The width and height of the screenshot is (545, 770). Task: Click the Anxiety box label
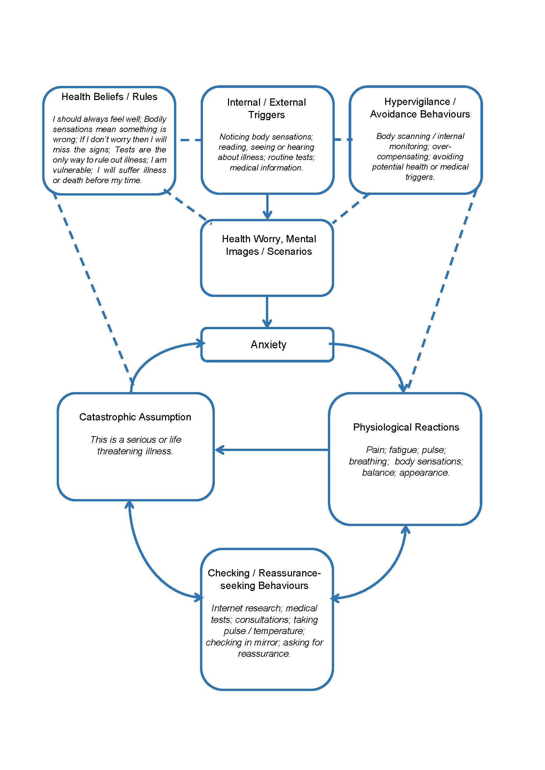[x=268, y=344]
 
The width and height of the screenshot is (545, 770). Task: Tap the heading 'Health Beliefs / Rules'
[x=109, y=96]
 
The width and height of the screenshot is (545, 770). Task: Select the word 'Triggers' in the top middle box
[x=267, y=115]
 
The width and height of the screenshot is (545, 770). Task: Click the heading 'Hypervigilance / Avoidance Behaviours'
[x=419, y=108]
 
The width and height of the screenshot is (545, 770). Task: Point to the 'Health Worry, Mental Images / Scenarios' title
[x=269, y=245]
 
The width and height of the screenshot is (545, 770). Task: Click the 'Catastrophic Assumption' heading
[x=135, y=417]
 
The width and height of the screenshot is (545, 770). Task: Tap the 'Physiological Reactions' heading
[x=406, y=427]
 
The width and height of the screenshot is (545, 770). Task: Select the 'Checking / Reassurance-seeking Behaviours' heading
[x=264, y=579]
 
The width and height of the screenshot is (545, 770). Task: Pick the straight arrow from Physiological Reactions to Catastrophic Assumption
[x=272, y=450]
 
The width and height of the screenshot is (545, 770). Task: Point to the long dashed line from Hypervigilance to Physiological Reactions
[x=443, y=288]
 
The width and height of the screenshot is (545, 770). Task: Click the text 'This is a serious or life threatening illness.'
[x=135, y=445]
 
